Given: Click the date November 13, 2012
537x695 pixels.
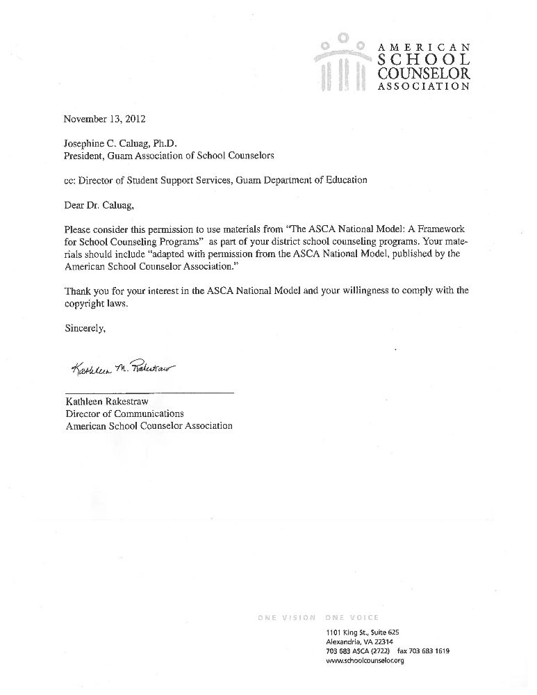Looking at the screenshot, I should point(105,119).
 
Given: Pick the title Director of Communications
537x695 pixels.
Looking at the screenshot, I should point(124,414).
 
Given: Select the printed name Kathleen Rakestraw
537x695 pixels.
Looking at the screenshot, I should point(108,402).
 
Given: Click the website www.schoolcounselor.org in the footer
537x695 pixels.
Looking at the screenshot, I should point(365,661).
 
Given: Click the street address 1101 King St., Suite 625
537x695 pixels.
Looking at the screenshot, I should point(362,632).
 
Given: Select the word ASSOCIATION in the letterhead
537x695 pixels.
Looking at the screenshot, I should point(424,87).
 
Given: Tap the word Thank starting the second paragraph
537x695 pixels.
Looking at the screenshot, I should point(78,291).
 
